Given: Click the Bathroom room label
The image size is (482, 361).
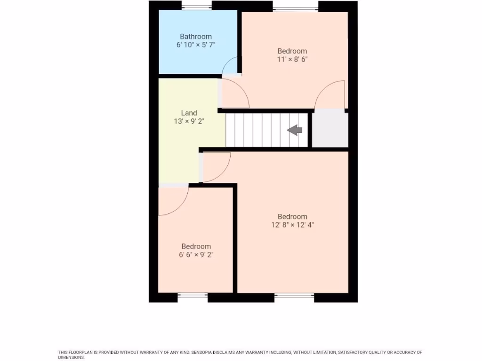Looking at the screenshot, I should [196, 36].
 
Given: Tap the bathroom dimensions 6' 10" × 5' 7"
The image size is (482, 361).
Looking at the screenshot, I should [196, 45].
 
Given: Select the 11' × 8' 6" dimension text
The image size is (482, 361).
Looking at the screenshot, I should [292, 59].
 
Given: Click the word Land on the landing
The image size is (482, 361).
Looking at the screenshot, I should [189, 113].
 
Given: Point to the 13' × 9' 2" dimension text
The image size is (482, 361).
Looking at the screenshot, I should [189, 121].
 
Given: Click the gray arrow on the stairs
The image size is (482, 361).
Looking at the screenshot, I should [295, 130].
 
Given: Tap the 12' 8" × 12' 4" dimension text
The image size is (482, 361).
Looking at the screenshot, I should [292, 225].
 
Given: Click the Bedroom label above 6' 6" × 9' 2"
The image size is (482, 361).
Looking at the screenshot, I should [196, 246].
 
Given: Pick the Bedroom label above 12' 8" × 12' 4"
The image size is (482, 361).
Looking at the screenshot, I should [292, 217].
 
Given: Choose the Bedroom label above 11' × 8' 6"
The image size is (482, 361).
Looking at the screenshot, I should [292, 51].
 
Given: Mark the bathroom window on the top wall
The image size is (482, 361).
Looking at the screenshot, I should [196, 6].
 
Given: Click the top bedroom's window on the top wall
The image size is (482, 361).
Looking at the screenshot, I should [295, 7].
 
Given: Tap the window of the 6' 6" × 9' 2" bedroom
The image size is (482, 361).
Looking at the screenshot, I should [193, 296].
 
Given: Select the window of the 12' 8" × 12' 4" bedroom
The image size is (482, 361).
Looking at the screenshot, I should [294, 296].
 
